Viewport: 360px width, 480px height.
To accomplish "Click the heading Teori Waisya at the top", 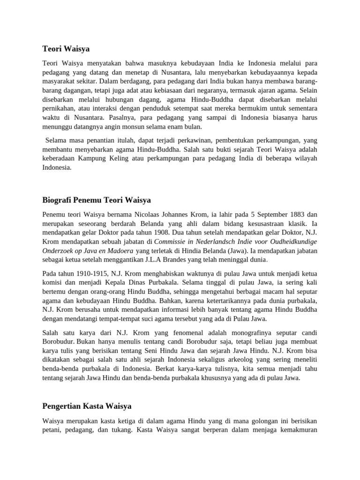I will point(66,48).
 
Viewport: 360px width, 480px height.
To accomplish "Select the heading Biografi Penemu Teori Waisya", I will point(97,200).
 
